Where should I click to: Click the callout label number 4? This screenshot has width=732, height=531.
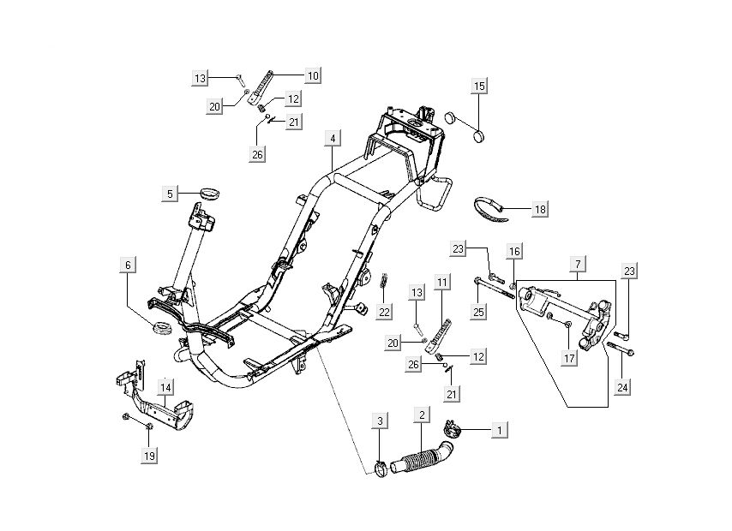[333, 138]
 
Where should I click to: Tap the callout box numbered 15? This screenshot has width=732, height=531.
[479, 87]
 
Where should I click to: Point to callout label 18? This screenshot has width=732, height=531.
[539, 209]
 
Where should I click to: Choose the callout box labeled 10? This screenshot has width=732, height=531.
[312, 76]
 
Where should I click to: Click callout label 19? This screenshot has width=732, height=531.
[149, 456]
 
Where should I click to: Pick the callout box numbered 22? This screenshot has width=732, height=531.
[385, 311]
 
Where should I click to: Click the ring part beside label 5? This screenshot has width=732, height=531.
[207, 191]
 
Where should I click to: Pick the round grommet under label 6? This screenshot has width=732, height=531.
[159, 327]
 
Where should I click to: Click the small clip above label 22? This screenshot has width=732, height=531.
[384, 278]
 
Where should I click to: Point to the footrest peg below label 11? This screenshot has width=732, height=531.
[445, 330]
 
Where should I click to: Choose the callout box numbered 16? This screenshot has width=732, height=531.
[514, 251]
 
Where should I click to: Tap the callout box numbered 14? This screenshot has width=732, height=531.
[165, 386]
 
